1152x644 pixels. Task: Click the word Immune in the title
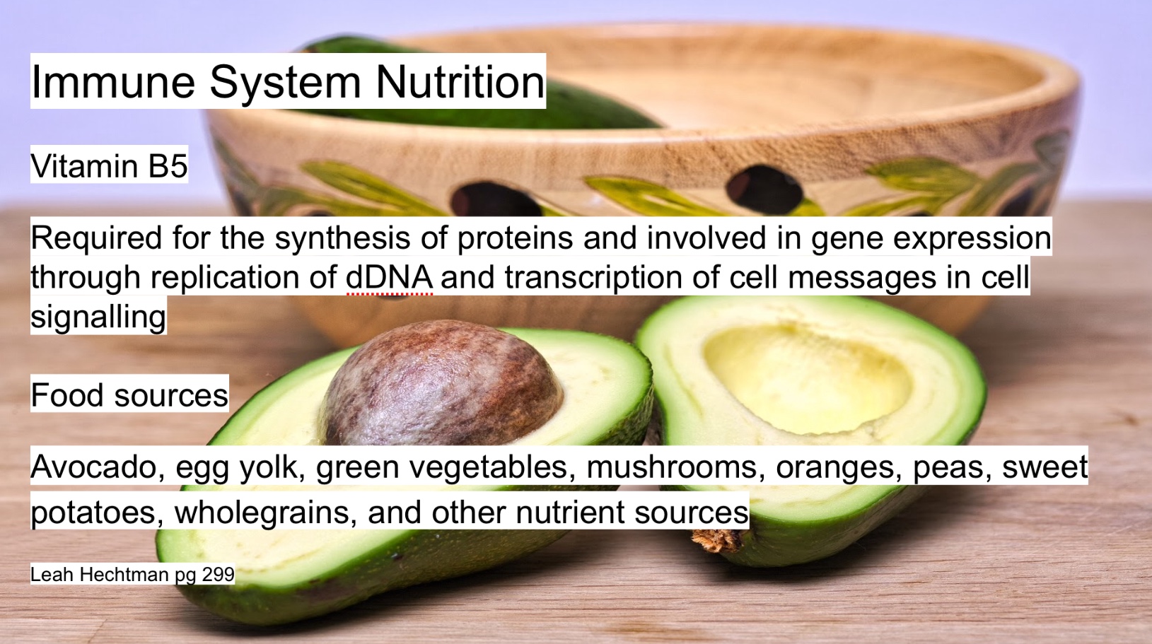[x=113, y=81]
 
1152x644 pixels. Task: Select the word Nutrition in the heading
[x=460, y=81]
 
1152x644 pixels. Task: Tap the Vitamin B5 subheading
[x=109, y=165]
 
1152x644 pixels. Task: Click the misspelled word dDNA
[x=390, y=277]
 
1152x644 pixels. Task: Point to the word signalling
[x=98, y=316]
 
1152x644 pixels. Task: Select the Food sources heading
[x=129, y=394]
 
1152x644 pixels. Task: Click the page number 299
[x=218, y=574]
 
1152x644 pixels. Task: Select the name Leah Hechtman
[x=99, y=574]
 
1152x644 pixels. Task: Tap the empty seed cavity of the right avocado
[x=805, y=377]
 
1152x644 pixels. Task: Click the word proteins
[x=515, y=238]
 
